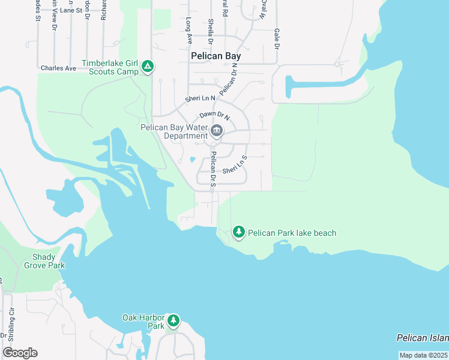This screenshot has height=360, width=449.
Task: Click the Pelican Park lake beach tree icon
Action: tap(239, 232)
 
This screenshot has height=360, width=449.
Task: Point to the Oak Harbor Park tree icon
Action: tap(173, 321)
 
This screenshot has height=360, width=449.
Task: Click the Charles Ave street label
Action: tap(58, 68)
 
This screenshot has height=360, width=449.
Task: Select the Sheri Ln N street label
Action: tap(200, 98)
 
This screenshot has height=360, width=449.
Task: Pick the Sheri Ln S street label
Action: tap(235, 166)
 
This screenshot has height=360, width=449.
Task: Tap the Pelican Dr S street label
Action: tap(212, 169)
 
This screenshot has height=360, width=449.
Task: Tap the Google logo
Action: tap(20, 353)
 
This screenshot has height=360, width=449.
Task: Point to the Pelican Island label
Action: tap(423, 338)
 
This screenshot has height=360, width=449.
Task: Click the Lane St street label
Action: tap(71, 10)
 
